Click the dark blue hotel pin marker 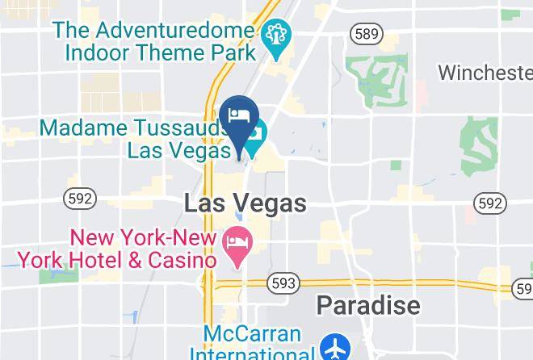(238, 118)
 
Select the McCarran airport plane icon (333, 348)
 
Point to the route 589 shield (366, 33)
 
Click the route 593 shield (285, 283)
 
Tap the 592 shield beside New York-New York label (81, 198)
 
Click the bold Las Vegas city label (245, 203)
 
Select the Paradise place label (367, 305)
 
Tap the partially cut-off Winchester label (485, 72)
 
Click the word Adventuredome (174, 31)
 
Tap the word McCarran (241, 333)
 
